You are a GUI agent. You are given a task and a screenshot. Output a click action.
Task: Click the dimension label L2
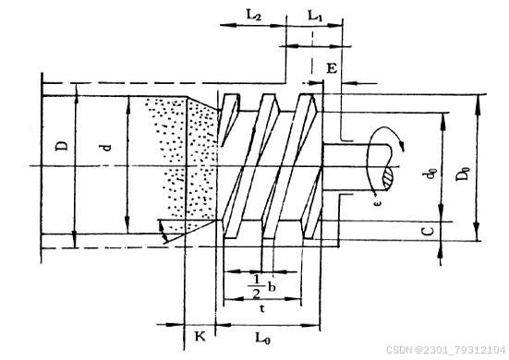(253, 15)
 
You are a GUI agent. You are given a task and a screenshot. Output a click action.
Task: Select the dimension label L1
(315, 15)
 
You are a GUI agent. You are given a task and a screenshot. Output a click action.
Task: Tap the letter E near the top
(332, 68)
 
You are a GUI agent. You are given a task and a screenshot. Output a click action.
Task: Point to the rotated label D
(62, 146)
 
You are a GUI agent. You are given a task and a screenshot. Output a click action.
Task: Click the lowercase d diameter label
(106, 148)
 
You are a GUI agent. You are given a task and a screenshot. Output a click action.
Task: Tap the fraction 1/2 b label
(261, 287)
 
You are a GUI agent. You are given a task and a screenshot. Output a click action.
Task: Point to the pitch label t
(262, 308)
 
